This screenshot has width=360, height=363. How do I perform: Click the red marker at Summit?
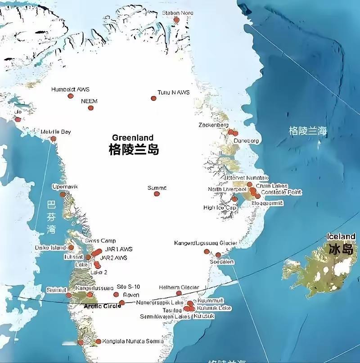point(157,194)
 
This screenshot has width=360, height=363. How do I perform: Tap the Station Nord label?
point(178,13)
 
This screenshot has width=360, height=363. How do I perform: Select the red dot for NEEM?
point(91,108)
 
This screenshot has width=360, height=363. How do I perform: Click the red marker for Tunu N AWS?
point(153,98)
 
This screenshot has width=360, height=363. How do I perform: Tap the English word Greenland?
point(133,138)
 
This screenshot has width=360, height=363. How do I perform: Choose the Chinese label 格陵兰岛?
point(134,150)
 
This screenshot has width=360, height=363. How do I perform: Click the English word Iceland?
point(341,237)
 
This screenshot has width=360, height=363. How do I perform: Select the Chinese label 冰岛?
point(341,249)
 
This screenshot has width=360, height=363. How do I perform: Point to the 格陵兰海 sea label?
point(308,131)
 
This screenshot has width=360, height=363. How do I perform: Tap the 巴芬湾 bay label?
point(51,218)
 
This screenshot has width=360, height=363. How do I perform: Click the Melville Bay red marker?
point(54,139)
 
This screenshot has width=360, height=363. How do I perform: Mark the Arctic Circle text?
point(103,306)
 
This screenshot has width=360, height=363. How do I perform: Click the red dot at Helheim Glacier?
point(179,293)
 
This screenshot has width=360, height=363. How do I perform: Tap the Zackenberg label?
point(214,125)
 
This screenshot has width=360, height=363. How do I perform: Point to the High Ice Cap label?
point(220,208)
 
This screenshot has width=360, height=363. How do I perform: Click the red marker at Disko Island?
point(71,247)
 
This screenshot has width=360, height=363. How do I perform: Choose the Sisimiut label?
point(56,290)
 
